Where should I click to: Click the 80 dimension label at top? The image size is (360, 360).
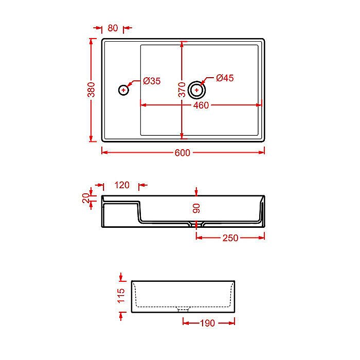click(113, 28)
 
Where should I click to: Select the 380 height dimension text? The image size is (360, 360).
click(91, 90)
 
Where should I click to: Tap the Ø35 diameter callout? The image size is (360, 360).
click(152, 81)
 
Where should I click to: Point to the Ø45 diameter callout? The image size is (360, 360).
click(225, 78)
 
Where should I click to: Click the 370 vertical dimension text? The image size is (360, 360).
click(182, 90)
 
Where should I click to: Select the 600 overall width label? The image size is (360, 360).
click(183, 152)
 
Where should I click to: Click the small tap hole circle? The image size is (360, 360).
click(123, 91)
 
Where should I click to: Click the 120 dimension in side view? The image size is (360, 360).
click(122, 185)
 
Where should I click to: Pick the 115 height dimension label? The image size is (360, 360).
click(121, 297)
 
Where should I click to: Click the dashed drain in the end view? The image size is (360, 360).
click(183, 310)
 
